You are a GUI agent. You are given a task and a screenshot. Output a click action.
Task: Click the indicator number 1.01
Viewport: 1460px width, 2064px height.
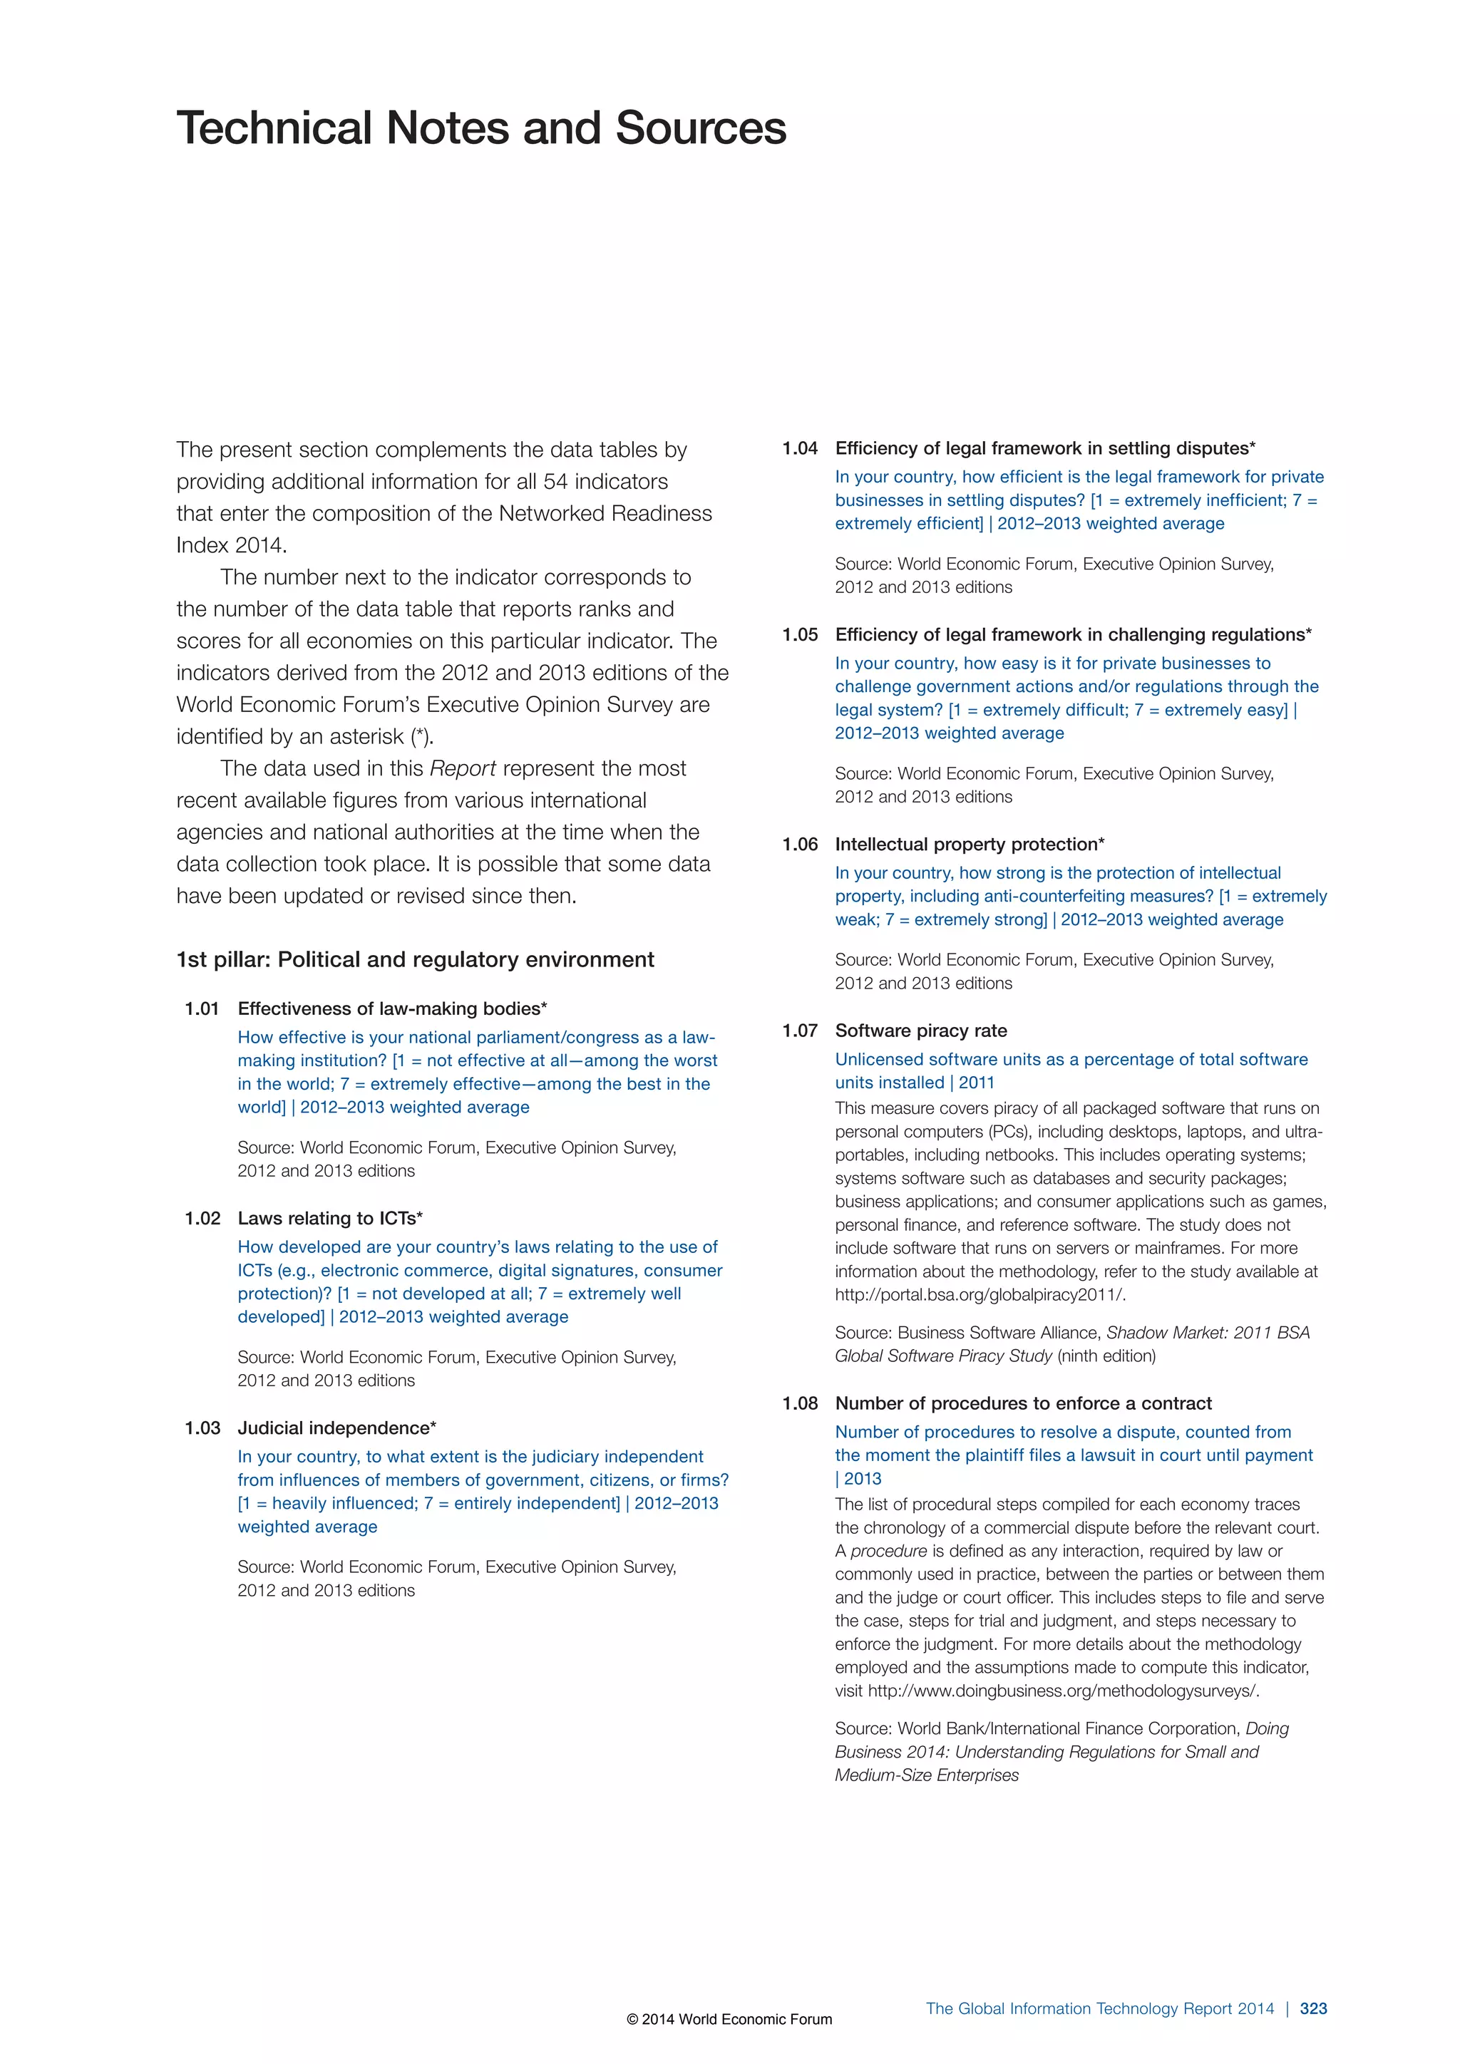(202, 1008)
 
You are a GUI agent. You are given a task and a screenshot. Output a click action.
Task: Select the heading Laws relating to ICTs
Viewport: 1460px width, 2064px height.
(329, 1218)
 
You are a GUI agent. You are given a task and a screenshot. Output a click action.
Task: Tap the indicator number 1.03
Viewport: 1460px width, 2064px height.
(202, 1428)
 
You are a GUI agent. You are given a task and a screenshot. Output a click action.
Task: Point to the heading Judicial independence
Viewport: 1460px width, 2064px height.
(336, 1428)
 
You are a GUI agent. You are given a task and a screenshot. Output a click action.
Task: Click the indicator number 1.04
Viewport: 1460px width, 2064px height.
(800, 448)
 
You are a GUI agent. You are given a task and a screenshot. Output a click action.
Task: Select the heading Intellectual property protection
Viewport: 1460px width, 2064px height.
(969, 844)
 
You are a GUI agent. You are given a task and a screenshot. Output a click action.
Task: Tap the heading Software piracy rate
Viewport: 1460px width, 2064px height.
(920, 1030)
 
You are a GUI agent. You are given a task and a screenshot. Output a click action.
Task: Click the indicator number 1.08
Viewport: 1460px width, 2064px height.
(800, 1403)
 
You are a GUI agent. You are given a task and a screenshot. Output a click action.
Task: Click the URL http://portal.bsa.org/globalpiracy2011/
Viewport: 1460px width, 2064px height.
(980, 1294)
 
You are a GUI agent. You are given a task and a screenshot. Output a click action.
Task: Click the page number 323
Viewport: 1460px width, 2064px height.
(1313, 2008)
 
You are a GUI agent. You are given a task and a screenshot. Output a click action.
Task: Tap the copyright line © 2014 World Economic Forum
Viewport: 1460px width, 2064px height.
(729, 2019)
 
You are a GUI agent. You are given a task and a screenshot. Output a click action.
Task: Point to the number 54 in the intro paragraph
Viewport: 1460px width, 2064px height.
(555, 481)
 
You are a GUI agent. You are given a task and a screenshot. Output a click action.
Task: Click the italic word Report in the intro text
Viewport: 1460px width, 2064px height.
(463, 768)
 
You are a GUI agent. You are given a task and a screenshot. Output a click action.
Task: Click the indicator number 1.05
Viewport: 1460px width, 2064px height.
(800, 634)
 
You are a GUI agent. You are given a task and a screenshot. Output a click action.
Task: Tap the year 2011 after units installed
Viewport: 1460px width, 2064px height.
(977, 1083)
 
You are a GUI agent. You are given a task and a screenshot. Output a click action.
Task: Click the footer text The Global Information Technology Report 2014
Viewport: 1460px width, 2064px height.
(1099, 2008)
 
